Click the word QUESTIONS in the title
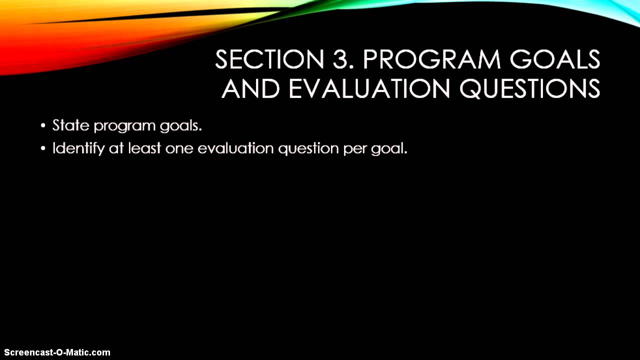(529, 88)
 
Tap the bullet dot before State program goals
(43, 125)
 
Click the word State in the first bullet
(71, 125)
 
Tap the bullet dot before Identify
(43, 148)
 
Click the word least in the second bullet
(144, 148)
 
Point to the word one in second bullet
(179, 149)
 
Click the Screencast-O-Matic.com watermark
(57, 352)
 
